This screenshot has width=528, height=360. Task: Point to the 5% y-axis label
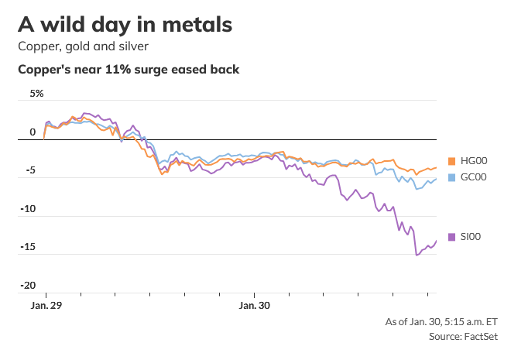coord(37,94)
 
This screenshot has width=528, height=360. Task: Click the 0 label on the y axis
coord(33,132)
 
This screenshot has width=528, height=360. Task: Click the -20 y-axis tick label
coord(28,285)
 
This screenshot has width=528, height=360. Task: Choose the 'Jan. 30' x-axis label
coord(255,306)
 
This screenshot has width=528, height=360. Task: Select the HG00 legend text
coord(474,161)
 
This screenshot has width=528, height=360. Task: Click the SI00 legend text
coord(471,237)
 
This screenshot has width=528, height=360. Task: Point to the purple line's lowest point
coord(417,255)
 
